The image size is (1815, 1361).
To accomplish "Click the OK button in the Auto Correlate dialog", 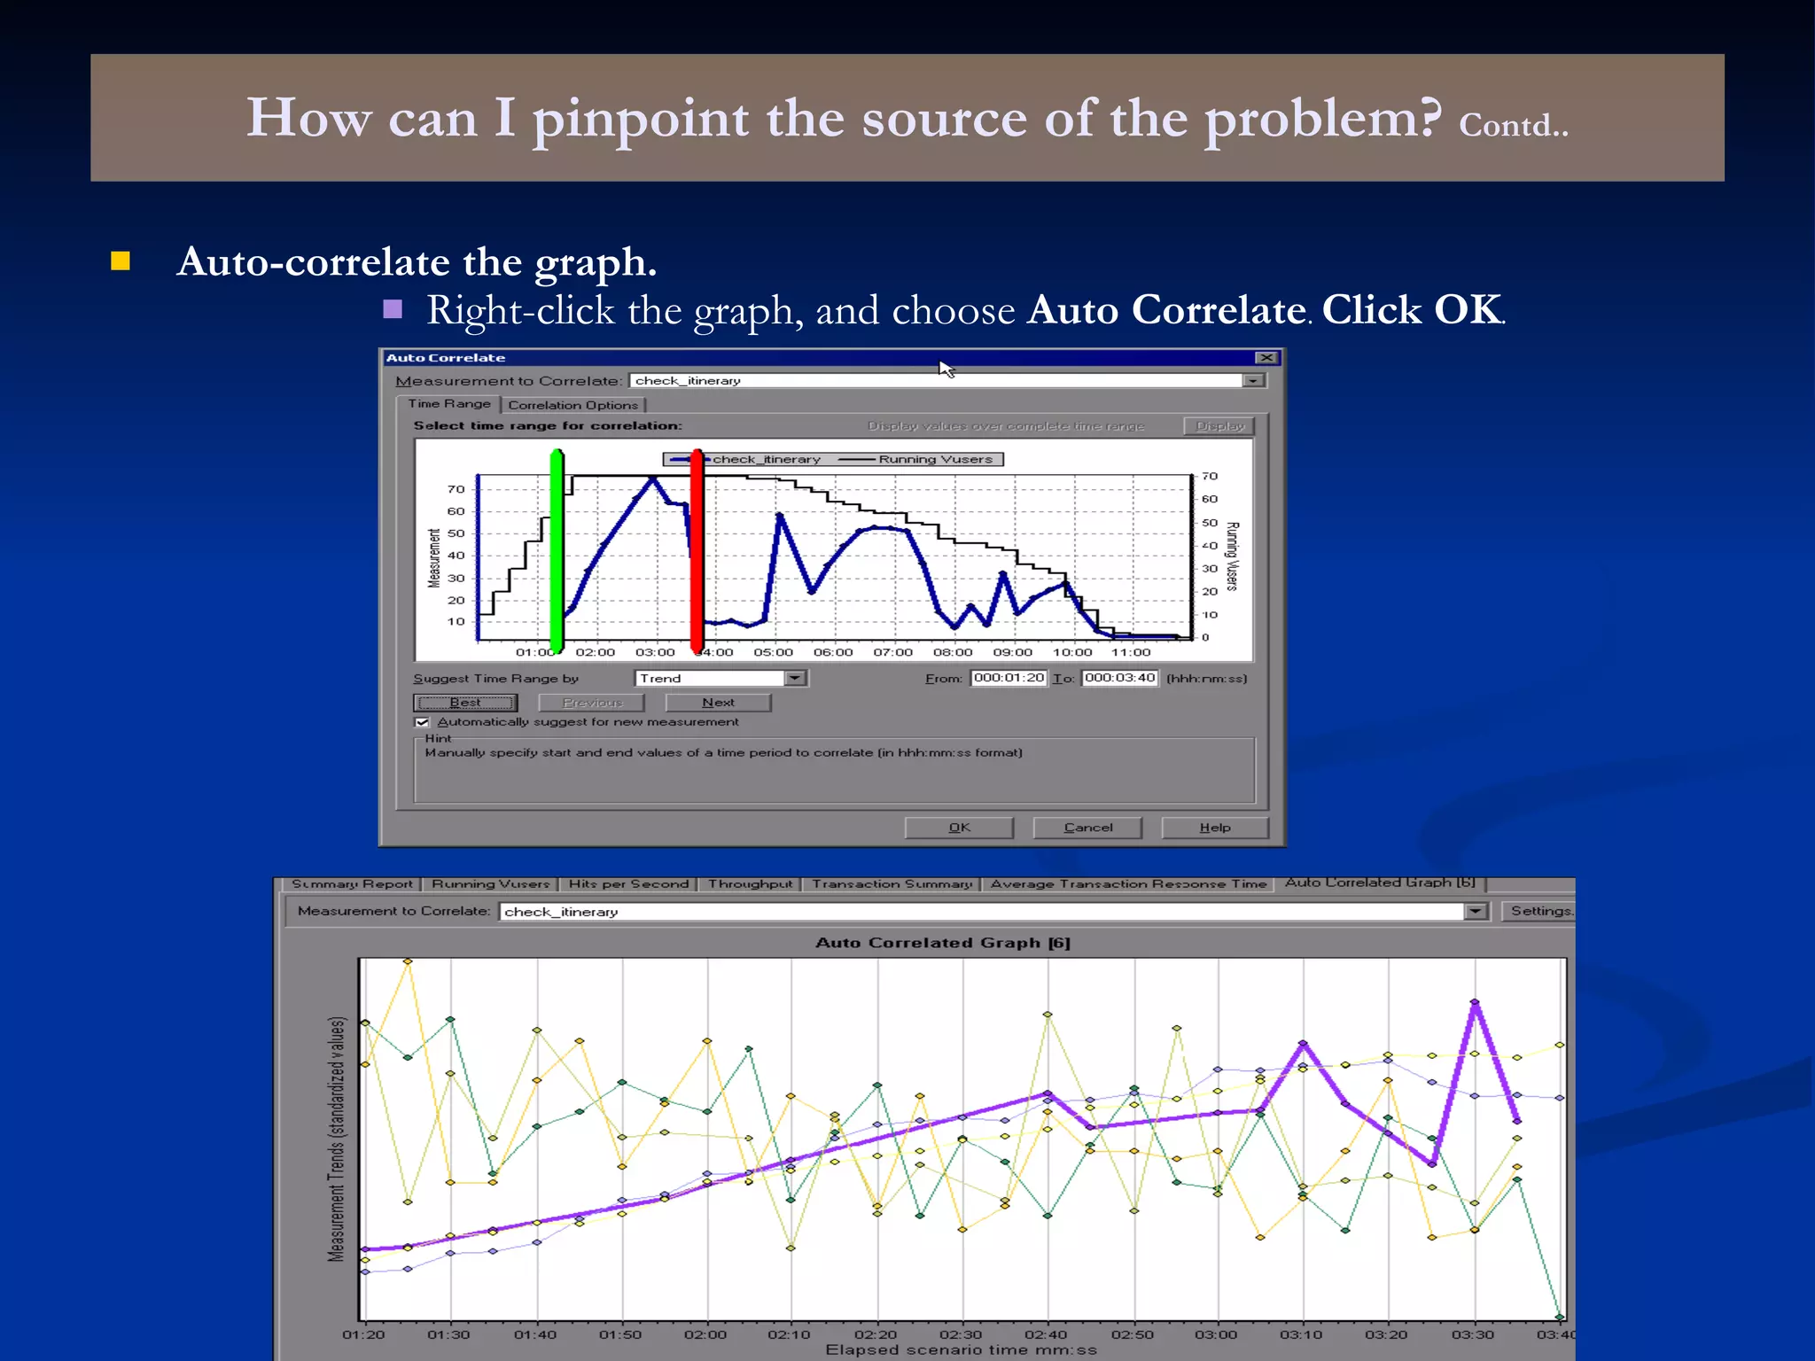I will click(959, 828).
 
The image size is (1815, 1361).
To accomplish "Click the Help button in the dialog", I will click(1215, 828).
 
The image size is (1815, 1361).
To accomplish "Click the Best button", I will click(465, 703).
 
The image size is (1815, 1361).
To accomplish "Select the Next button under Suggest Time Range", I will click(718, 703).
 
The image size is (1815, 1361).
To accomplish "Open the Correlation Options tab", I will click(573, 405).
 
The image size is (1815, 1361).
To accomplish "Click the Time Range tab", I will click(448, 404).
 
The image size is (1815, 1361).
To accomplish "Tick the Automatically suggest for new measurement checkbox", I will click(423, 722).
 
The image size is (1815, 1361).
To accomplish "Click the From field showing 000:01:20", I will click(1009, 678).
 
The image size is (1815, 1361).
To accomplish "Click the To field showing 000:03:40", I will click(1119, 678).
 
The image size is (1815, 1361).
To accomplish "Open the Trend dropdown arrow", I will click(795, 678).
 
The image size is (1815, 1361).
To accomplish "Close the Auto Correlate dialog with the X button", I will click(1266, 358).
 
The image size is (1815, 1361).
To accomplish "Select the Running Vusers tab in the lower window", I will click(490, 884).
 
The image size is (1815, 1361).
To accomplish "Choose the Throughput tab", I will click(750, 884).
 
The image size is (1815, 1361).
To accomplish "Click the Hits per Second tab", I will click(628, 884).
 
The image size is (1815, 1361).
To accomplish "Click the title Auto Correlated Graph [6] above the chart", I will click(942, 943).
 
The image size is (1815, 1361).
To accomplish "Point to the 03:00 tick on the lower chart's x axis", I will click(1216, 1334).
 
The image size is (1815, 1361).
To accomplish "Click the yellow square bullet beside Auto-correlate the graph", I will click(121, 261).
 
